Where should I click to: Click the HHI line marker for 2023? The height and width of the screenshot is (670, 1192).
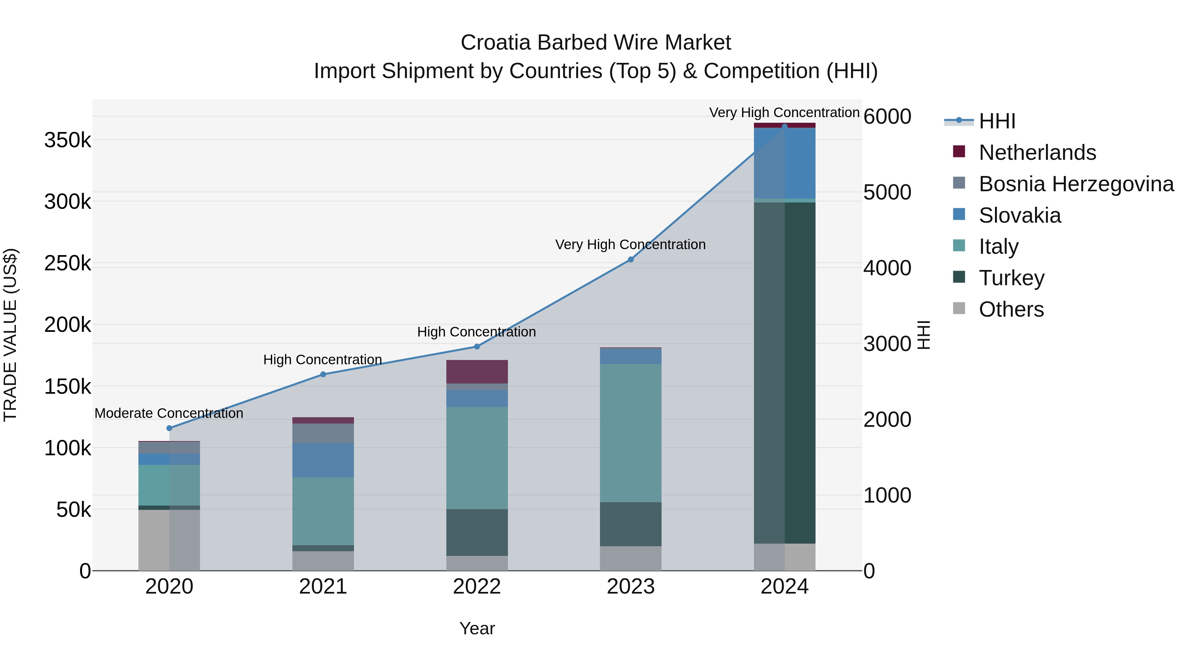pos(630,259)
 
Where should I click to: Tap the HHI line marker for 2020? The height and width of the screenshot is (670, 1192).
pos(169,428)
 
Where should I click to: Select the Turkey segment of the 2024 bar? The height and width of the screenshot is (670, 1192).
pos(784,373)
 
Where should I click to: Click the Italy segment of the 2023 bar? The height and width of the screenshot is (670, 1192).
pos(630,433)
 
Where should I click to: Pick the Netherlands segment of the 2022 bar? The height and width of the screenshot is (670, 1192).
pos(476,371)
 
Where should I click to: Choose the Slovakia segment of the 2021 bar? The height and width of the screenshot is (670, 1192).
pos(323,460)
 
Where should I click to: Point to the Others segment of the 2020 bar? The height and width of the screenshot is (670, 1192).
pos(169,540)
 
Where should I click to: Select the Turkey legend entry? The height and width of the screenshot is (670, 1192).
pos(1012,278)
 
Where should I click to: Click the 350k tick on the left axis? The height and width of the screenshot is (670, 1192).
pos(68,140)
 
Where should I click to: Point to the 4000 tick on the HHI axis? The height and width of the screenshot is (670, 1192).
pos(887,268)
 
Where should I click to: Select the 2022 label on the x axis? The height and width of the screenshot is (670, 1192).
pos(476,587)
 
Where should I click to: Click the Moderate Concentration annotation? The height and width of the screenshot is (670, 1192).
pos(169,413)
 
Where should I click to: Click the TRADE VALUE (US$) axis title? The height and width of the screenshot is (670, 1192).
pos(10,335)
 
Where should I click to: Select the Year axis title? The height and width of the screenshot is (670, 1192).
pos(477,628)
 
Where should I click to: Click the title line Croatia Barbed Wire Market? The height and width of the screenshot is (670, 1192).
pos(596,43)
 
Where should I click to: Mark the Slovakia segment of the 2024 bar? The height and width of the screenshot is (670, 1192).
pos(784,163)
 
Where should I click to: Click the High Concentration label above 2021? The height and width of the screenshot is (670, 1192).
pos(323,360)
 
